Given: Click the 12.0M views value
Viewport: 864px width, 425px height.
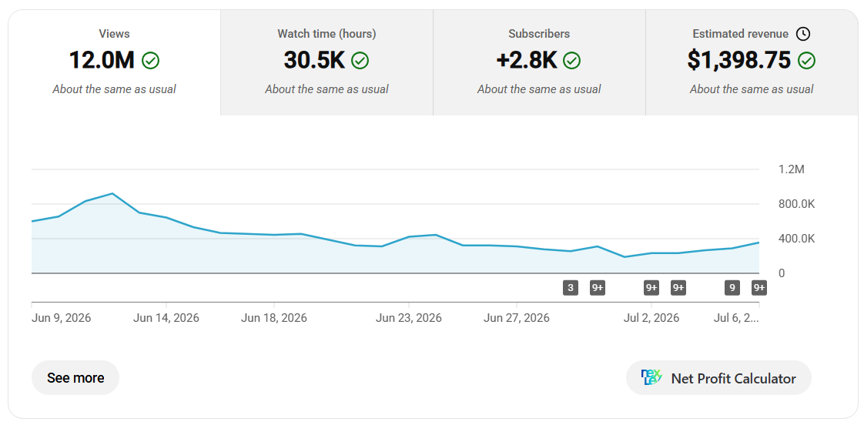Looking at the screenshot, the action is click(x=102, y=60).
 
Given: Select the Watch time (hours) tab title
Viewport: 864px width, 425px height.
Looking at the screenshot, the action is click(x=327, y=34).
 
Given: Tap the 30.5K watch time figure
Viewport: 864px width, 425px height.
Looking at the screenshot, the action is click(x=314, y=60).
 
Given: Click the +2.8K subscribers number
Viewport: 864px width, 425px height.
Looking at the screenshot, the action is click(x=527, y=60).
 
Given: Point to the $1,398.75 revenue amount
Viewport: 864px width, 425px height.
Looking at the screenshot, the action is click(x=739, y=60).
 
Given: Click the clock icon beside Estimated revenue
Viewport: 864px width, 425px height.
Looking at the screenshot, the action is click(x=803, y=34).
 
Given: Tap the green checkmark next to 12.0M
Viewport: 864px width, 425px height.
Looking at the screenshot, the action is click(x=150, y=61).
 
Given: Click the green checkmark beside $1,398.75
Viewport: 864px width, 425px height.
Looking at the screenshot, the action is click(x=807, y=61).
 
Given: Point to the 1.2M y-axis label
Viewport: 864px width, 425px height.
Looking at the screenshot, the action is click(x=792, y=169).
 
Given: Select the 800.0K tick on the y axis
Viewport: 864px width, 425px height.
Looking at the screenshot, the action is click(x=796, y=205).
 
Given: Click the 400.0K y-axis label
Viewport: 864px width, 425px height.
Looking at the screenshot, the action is click(x=796, y=239).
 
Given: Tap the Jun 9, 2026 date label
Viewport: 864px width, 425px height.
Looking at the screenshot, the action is click(x=61, y=318).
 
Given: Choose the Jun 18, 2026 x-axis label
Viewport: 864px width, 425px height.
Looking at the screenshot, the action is click(x=274, y=318).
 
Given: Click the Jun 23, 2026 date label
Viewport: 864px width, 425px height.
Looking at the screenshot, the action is click(x=408, y=318).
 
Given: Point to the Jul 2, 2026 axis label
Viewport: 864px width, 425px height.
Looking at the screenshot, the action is click(x=651, y=318).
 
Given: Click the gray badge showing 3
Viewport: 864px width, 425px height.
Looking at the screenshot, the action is click(x=571, y=288).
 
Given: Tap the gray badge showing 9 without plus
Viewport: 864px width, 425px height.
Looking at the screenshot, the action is click(x=732, y=288).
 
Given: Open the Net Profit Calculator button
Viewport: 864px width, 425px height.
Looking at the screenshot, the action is click(x=718, y=378).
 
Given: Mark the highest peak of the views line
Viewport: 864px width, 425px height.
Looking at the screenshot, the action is click(x=112, y=193).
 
